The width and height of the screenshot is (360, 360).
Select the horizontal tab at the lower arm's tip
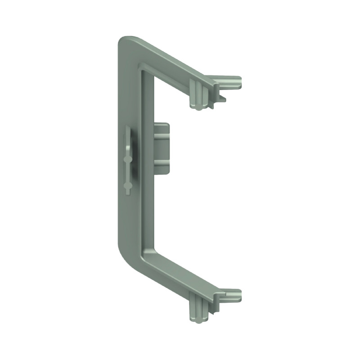(229, 294)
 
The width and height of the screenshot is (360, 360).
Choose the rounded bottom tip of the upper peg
(197, 107)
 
